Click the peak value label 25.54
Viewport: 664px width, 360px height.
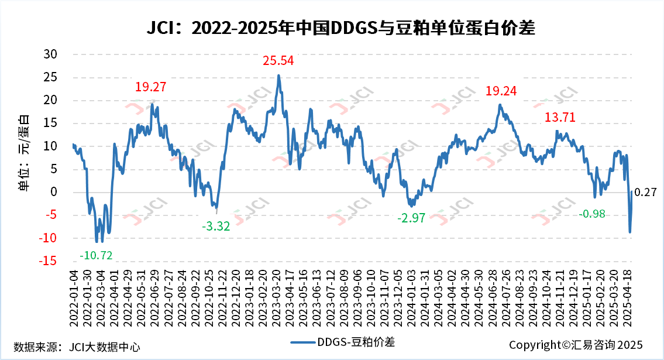pos(278,60)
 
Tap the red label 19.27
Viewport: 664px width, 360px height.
pos(150,87)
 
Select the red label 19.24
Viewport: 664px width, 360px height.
pos(501,91)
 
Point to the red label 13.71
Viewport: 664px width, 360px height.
pos(560,117)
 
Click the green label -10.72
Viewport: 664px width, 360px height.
pos(96,255)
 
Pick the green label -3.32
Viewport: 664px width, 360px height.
pos(216,226)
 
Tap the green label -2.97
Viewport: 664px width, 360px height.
pos(413,218)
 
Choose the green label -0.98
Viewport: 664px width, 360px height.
pos(591,214)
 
